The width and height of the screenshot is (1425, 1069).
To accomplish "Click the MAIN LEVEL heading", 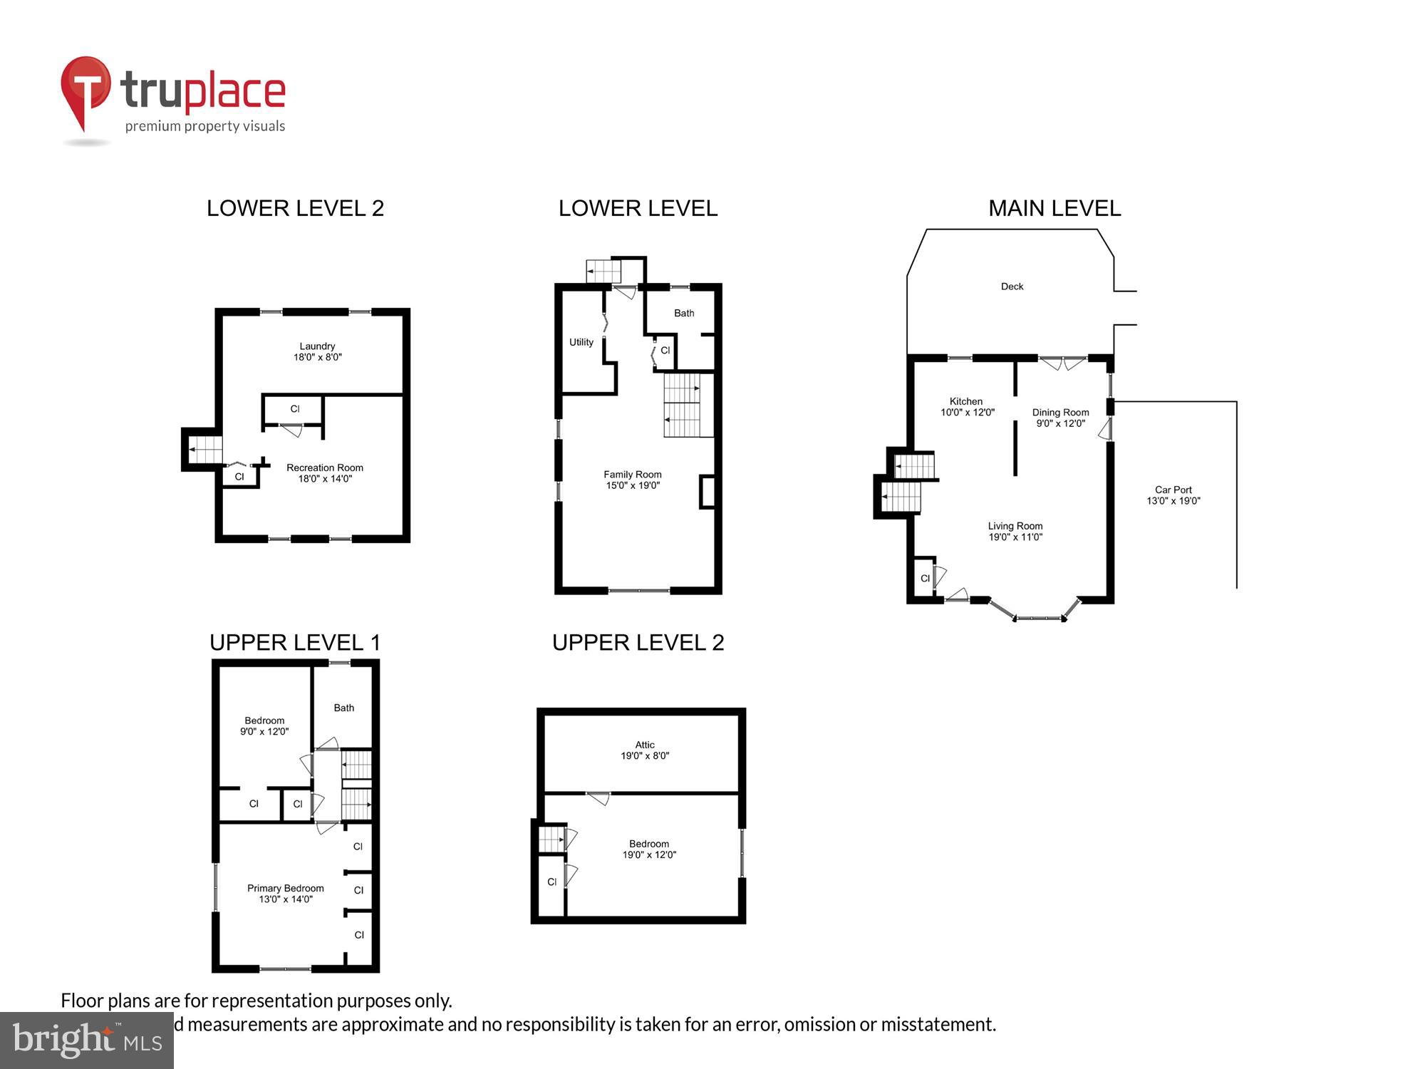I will [1054, 208].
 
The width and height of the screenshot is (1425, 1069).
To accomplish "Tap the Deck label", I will [1012, 286].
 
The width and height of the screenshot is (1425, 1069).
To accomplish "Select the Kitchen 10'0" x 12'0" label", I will [967, 407].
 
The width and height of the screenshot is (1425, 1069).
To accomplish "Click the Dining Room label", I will [1060, 418].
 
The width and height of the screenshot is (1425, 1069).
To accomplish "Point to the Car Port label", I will [1173, 495].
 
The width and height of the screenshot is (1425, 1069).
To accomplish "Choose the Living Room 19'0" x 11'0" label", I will [1015, 532].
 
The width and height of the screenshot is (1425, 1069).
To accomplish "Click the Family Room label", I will [633, 480].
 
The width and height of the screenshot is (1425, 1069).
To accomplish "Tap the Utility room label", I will [581, 342].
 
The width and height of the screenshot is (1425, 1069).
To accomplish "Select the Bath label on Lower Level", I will [684, 313].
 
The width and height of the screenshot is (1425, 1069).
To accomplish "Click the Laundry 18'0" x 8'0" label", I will [317, 351].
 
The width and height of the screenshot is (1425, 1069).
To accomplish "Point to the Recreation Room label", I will [325, 473].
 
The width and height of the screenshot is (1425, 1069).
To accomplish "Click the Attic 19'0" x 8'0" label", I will [645, 750].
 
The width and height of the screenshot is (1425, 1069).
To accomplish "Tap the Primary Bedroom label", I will [285, 894].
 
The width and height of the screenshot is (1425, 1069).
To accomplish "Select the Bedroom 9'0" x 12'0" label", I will [264, 726].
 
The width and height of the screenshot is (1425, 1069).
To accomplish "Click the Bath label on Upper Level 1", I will [343, 708].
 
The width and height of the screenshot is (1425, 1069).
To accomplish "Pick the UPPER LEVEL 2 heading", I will [638, 643].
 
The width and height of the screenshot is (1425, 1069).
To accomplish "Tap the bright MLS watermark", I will [86, 1040].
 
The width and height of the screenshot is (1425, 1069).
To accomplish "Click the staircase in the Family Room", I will [683, 405].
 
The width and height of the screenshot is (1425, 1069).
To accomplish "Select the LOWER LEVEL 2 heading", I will [295, 208].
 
